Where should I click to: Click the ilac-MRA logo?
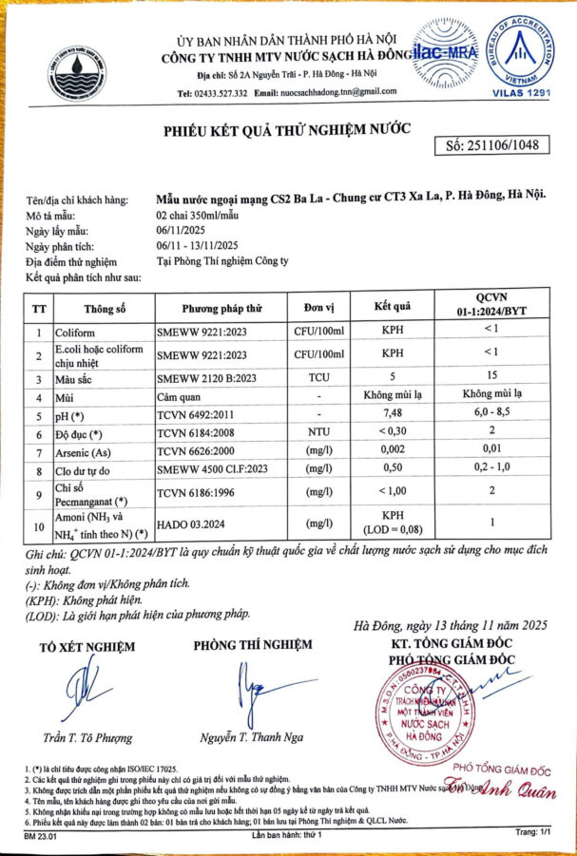[x=443, y=54]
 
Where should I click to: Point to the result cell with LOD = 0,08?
[x=392, y=523]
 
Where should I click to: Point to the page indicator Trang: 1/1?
[x=533, y=831]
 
